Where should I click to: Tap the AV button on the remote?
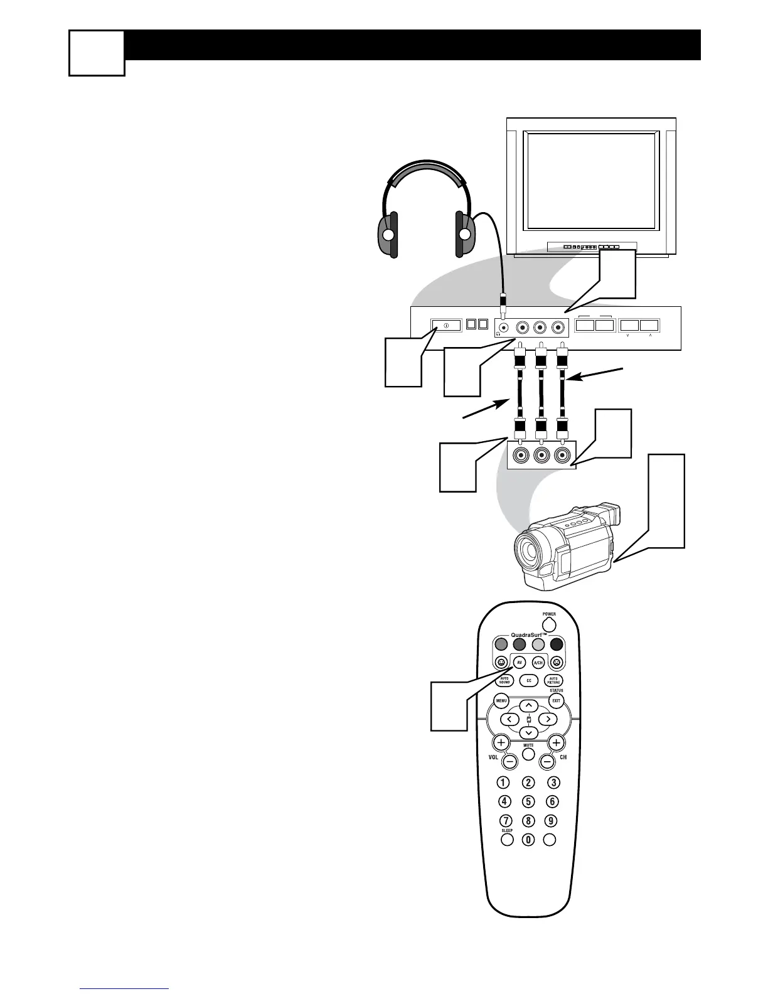pyautogui.click(x=519, y=663)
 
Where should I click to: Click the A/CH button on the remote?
pyautogui.click(x=538, y=663)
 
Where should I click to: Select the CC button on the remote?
pyautogui.click(x=528, y=680)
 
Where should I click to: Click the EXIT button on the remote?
pyautogui.click(x=556, y=700)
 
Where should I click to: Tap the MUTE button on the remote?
pyautogui.click(x=528, y=754)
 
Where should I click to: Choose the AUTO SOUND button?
pyautogui.click(x=504, y=680)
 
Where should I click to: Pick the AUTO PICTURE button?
pyautogui.click(x=553, y=680)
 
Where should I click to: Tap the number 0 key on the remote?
pyautogui.click(x=528, y=840)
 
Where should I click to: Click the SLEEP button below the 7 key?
pyautogui.click(x=507, y=840)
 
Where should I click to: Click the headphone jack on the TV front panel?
pyautogui.click(x=503, y=327)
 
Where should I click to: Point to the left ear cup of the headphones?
pyautogui.click(x=388, y=235)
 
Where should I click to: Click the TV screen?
pyautogui.click(x=591, y=181)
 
